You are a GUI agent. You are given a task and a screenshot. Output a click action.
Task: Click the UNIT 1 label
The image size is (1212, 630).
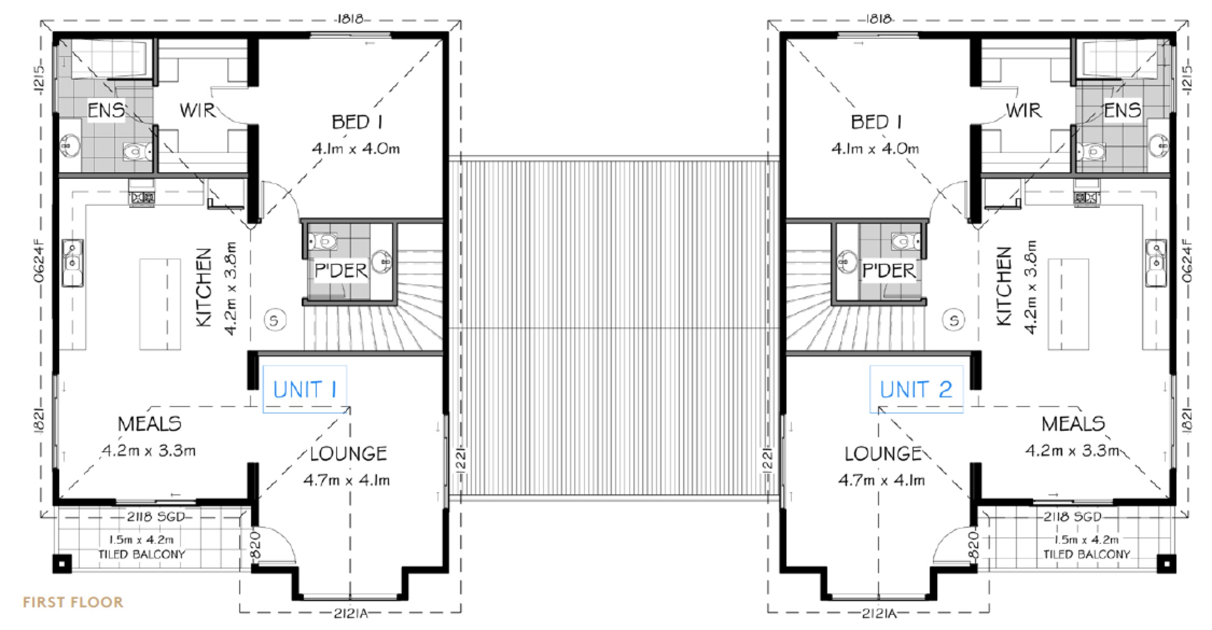coord(305,389)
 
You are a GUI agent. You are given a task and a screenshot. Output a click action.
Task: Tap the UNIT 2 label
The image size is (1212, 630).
coord(916,389)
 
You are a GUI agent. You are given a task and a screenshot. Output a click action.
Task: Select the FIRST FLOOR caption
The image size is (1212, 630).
coord(73,602)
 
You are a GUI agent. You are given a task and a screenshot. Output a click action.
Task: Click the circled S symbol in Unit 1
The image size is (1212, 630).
coord(274,320)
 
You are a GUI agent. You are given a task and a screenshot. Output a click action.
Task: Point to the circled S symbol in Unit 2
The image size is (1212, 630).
coord(954,320)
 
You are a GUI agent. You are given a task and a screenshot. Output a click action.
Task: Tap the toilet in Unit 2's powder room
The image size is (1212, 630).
coord(905,241)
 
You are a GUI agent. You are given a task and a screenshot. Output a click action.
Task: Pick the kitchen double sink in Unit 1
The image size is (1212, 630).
coord(72,263)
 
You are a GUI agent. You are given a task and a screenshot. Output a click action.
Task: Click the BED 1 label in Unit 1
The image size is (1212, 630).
coord(357,122)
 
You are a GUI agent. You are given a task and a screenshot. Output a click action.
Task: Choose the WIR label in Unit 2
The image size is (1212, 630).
coord(1023,110)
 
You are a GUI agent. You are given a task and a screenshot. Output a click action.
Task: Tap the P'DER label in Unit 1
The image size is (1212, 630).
coord(340,270)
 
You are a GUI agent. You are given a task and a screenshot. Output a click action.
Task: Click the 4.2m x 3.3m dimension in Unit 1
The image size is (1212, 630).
coord(149,450)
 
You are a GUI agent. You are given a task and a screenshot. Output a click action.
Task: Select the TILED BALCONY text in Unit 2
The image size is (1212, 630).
coord(1086,554)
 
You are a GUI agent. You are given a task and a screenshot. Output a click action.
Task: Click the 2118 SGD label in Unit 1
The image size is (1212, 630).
coord(156,517)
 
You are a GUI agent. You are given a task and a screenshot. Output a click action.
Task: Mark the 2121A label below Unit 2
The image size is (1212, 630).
coord(879,613)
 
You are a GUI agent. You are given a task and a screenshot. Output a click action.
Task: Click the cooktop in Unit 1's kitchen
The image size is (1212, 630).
coord(142,198)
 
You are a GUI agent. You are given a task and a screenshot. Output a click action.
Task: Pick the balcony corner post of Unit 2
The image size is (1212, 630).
coord(1166,564)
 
